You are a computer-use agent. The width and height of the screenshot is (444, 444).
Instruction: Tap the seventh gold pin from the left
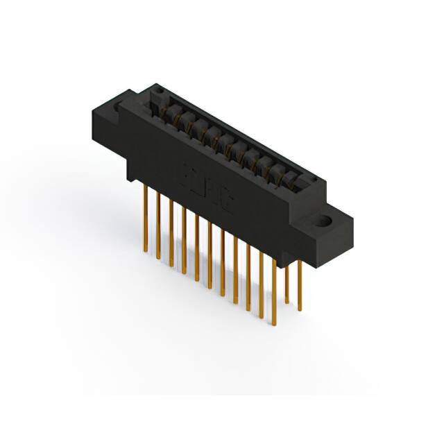(x=223, y=263)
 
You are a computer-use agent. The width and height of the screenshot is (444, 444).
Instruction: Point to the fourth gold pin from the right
(x=262, y=284)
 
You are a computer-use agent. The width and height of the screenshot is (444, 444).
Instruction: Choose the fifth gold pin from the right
(x=248, y=277)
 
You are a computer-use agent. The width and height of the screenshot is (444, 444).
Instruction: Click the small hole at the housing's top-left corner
(x=157, y=91)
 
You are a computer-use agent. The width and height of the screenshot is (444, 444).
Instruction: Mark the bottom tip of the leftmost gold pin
(x=146, y=250)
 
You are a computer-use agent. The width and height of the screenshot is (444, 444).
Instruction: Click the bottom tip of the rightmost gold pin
(x=300, y=310)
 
